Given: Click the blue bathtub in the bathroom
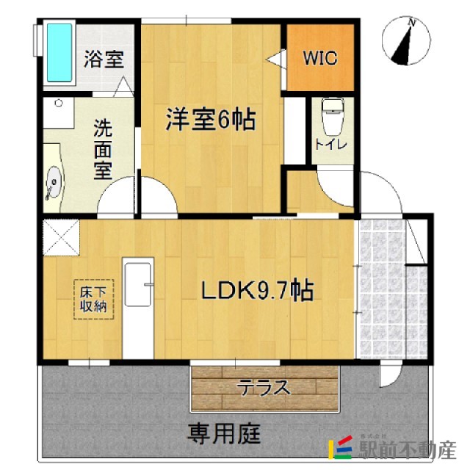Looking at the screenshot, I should coord(59,53).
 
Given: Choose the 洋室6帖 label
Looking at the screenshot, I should coord(210,119).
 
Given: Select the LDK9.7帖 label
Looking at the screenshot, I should coord(257,291).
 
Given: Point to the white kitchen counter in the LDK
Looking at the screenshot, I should coord(137,308).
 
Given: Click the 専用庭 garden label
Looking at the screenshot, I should coord(225,433).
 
